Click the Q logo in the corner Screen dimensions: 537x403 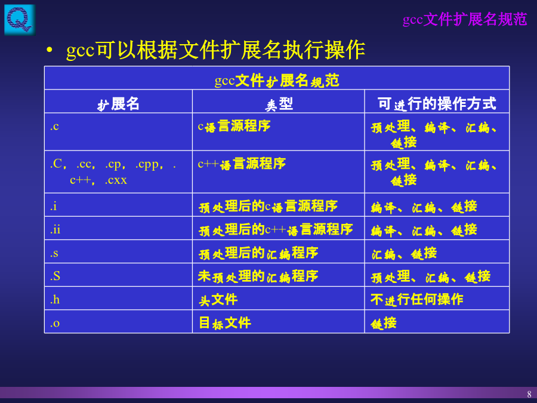coord(20,19)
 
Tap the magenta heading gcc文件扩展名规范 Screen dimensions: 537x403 coord(465,19)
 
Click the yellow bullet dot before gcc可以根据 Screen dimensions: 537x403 coord(50,50)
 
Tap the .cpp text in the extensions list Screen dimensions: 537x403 coord(147,164)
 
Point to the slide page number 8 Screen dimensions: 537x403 coord(529,394)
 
